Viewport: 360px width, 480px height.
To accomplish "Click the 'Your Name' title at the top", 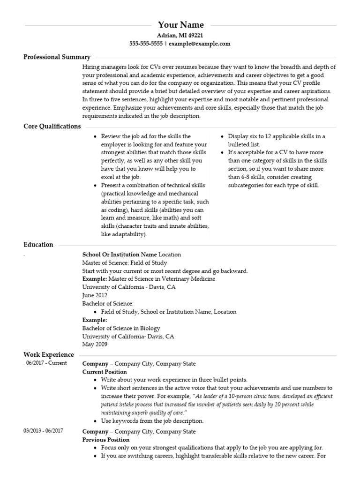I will pos(180,25).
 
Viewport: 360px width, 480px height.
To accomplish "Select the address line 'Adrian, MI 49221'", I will pos(180,35).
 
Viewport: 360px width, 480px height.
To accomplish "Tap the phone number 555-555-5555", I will pos(146,44).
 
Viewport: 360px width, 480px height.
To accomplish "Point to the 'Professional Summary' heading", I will pos(57,57).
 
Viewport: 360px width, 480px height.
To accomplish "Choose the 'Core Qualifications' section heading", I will pos(52,126).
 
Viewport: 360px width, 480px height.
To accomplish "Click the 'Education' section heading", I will pos(38,245).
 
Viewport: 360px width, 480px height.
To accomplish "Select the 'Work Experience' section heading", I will pos(49,355).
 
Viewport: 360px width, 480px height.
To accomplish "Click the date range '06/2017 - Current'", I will pos(46,363).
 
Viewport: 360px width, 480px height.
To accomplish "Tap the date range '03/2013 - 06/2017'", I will pos(44,431).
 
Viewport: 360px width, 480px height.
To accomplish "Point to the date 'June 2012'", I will pos(95,295).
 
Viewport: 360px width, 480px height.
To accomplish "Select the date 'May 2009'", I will pos(95,344).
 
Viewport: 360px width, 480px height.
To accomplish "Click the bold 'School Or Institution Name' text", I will pos(120,255).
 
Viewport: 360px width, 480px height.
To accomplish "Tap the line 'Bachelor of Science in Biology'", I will pos(121,328).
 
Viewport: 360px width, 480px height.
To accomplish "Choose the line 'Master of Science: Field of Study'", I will pos(124,263).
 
